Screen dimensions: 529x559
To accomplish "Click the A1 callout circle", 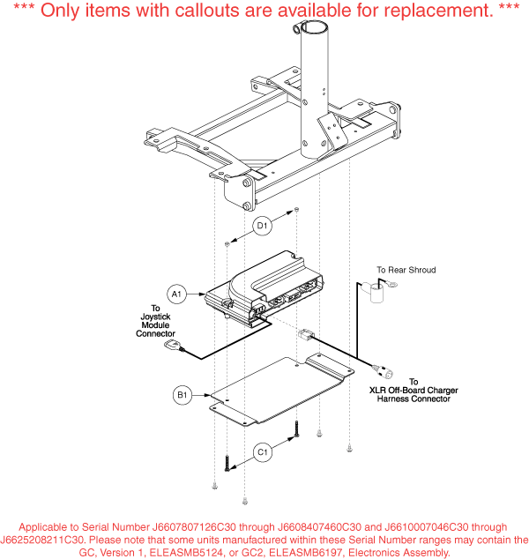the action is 177,294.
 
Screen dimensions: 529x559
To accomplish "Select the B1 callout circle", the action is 183,395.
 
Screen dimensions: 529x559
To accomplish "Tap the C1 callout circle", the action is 263,452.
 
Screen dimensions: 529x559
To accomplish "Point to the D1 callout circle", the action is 262,226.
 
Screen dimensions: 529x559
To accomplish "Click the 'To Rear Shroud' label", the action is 406,270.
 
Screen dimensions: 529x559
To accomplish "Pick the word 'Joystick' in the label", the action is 155,317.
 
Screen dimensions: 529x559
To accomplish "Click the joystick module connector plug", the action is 173,345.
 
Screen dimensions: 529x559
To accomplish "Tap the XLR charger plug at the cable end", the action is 384,371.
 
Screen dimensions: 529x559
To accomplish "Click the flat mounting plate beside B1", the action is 281,390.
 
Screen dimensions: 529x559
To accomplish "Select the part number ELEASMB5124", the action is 186,553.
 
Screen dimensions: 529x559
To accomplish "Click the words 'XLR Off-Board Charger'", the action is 414,391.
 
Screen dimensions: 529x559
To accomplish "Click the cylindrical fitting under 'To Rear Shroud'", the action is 377,294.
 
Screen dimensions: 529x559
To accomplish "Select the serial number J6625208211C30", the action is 42,540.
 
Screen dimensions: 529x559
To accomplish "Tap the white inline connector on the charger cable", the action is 305,334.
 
